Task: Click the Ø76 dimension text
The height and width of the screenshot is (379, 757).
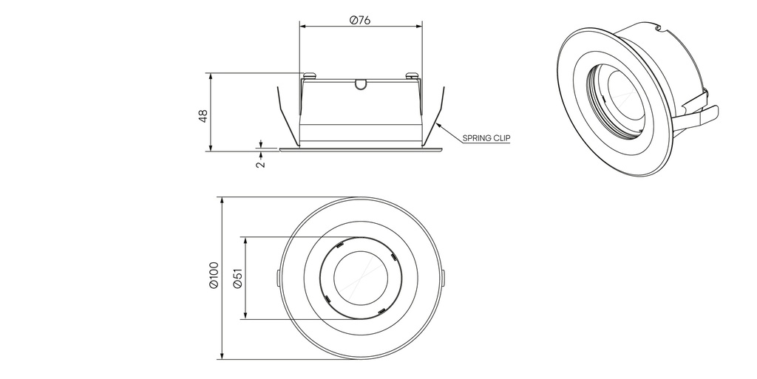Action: point(360,20)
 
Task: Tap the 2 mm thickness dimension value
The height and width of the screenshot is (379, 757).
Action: point(259,164)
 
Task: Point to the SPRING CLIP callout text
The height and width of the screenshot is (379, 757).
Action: point(486,138)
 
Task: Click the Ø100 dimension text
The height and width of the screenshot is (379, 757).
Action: point(214,277)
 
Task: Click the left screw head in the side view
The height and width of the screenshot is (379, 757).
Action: point(309,75)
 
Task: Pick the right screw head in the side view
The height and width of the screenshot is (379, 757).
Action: point(412,75)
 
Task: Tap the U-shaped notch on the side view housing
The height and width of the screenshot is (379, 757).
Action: point(360,84)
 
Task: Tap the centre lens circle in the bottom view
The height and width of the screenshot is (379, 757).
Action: point(360,279)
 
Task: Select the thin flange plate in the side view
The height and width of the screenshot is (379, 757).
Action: point(360,150)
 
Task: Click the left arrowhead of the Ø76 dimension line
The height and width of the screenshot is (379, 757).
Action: point(302,27)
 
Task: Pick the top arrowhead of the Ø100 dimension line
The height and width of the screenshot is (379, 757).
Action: point(222,200)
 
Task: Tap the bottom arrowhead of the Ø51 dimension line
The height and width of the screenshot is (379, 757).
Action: point(244,317)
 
